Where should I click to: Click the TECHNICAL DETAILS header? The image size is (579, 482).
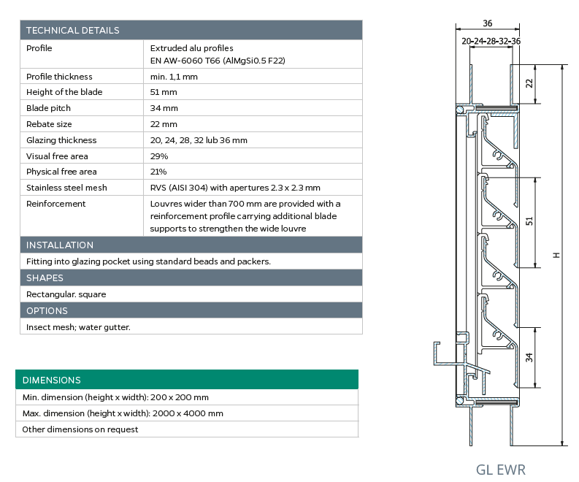73,30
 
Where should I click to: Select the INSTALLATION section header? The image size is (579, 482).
60,245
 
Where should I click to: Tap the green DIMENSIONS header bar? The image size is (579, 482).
52,380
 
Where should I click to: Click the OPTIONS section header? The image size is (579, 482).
47,310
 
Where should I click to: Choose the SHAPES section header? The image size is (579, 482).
45,278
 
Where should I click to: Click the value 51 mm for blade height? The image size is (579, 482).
164,92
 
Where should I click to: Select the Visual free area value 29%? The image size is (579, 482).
159,156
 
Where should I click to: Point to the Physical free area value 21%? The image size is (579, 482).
158,172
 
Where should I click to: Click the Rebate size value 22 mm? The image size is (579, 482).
164,124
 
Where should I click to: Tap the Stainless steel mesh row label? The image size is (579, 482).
66,188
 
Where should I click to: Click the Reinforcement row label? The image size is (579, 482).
56,204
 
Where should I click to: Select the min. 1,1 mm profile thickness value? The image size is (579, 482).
174,76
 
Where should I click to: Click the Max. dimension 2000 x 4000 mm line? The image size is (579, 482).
123,413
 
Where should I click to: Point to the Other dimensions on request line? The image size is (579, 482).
80,429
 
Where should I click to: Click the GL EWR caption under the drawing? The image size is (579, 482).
500,469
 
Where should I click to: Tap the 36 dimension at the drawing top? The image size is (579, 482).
488,23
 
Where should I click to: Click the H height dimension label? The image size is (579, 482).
556,255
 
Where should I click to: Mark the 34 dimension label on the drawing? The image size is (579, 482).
529,357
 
